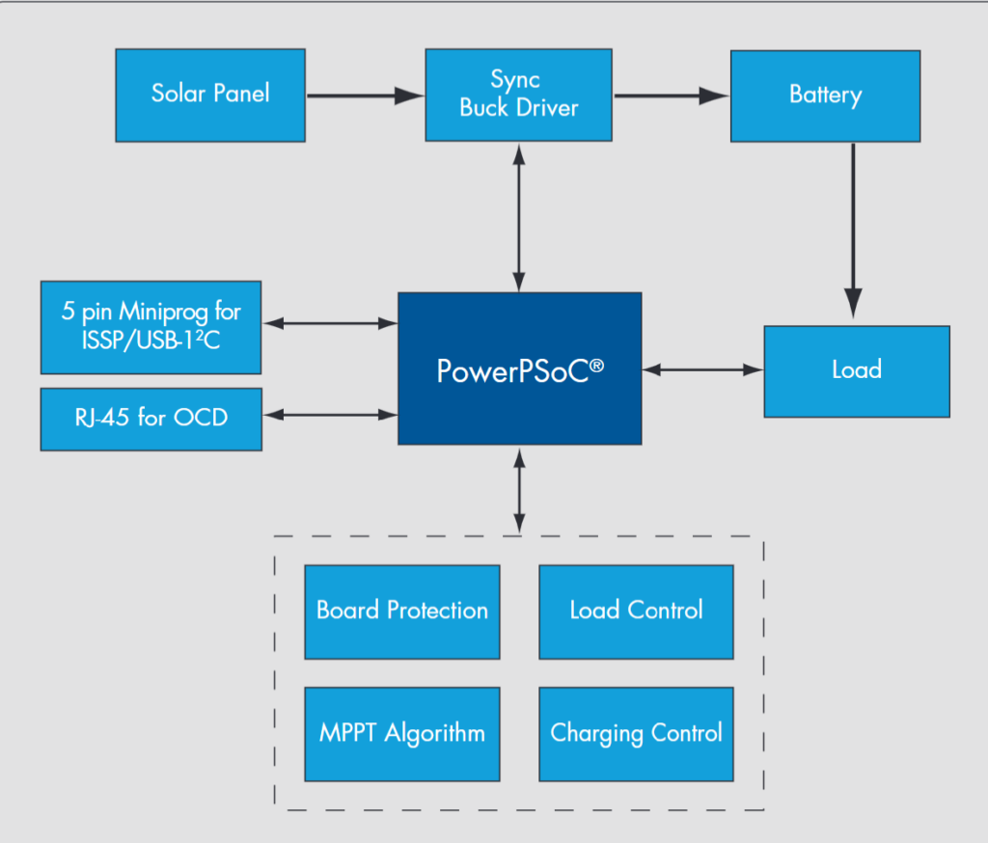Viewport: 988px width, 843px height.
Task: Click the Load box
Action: [x=857, y=371]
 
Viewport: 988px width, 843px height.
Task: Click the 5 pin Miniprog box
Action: [x=151, y=327]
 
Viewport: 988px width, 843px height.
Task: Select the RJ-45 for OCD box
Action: [x=151, y=420]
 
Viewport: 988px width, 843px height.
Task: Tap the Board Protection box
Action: [x=402, y=612]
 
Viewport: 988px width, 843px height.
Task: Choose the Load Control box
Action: [x=636, y=612]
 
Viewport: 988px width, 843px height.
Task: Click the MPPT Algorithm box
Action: [x=402, y=734]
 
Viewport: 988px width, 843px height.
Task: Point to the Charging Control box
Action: [x=636, y=734]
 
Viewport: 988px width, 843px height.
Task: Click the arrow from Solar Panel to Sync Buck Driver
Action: [x=365, y=95]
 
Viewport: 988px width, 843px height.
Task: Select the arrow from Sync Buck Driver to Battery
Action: [x=671, y=95]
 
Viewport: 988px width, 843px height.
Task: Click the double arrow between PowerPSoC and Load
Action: [x=702, y=368]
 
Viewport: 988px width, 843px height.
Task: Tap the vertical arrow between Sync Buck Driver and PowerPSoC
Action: [x=520, y=217]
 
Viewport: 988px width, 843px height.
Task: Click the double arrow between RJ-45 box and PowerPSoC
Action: [x=330, y=415]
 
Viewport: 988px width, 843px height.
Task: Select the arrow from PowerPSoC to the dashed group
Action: [x=520, y=489]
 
